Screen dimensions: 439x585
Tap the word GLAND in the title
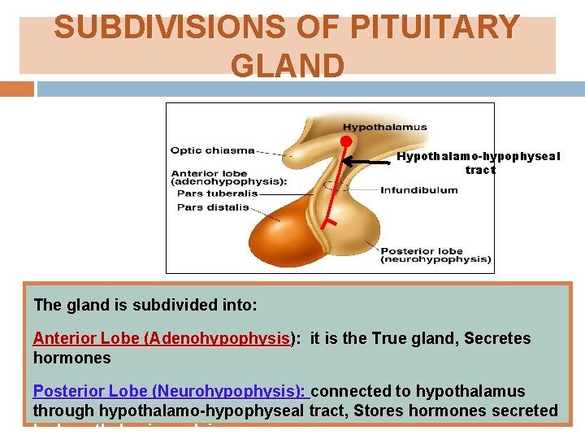pyautogui.click(x=288, y=65)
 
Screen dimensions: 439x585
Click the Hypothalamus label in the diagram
pyautogui.click(x=384, y=127)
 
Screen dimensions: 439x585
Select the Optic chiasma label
pyautogui.click(x=211, y=150)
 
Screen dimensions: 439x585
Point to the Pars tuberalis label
pyautogui.click(x=217, y=193)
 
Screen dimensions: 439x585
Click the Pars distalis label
pyautogui.click(x=213, y=207)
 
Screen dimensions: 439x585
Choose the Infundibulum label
pyautogui.click(x=418, y=190)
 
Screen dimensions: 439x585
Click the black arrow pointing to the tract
pyautogui.click(x=365, y=163)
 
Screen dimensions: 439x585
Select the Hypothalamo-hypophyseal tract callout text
pyautogui.click(x=478, y=163)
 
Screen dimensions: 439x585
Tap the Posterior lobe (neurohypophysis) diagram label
pyautogui.click(x=435, y=255)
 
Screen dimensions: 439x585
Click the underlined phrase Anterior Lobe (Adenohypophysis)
pyautogui.click(x=162, y=338)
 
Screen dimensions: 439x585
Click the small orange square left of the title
pyautogui.click(x=27, y=88)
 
